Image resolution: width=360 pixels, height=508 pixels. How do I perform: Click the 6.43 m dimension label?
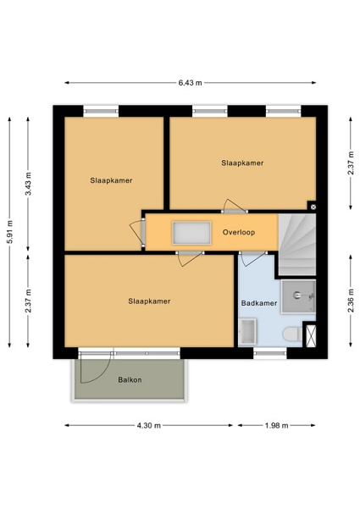[x=191, y=83]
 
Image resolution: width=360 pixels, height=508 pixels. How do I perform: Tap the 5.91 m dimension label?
[x=10, y=232]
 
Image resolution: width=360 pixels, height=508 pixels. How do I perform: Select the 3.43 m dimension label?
[x=29, y=184]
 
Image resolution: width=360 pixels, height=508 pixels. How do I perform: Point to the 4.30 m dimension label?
[x=149, y=425]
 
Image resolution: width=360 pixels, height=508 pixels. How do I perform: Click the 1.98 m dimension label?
[x=277, y=425]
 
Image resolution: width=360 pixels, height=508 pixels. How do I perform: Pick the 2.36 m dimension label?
[x=351, y=301]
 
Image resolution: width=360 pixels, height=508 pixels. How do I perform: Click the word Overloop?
[x=239, y=232]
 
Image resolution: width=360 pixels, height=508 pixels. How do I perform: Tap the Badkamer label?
[x=259, y=303]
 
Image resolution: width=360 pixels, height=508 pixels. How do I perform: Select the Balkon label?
[x=130, y=379]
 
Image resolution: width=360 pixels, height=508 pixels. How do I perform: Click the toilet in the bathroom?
[x=292, y=334]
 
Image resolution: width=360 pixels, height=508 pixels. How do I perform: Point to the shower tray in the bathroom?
[x=298, y=296]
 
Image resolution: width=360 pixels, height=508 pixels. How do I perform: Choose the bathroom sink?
[x=248, y=332]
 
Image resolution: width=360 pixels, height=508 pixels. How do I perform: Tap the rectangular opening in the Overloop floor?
[x=191, y=233]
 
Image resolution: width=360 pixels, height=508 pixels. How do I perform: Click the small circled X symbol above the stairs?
[x=313, y=207]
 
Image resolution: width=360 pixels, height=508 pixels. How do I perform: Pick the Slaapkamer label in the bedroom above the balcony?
[x=149, y=301]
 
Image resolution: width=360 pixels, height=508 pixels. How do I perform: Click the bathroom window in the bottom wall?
[x=270, y=353]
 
